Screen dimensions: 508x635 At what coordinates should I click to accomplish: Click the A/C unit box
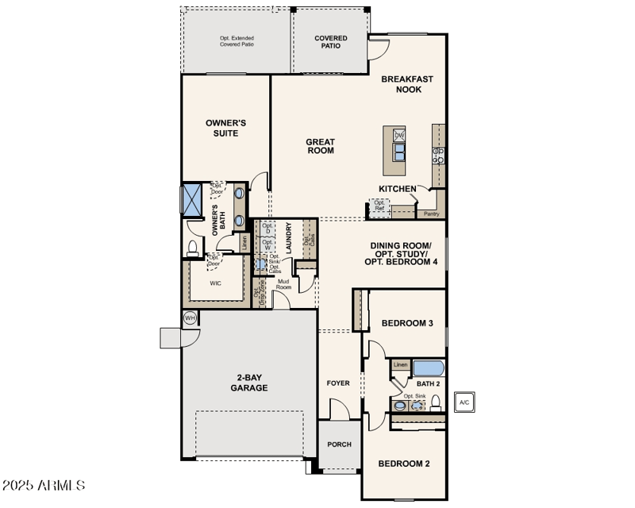(464, 402)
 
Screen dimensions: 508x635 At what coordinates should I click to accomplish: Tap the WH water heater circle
(190, 317)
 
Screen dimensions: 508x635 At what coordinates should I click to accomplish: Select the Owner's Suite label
(221, 128)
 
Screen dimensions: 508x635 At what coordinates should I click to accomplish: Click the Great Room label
(320, 146)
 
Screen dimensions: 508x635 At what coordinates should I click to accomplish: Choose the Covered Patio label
(330, 42)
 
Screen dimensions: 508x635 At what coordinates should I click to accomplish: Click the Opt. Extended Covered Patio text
(237, 41)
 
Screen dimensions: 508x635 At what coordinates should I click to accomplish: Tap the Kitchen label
(397, 188)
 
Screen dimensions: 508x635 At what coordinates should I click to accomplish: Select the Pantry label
(431, 214)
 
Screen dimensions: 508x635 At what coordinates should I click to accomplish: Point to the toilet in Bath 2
(435, 403)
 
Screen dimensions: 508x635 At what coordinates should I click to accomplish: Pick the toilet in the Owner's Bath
(191, 249)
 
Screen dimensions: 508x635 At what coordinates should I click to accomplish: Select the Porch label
(339, 444)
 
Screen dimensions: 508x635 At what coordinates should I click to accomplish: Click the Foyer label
(338, 383)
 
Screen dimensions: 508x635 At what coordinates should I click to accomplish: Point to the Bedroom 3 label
(406, 323)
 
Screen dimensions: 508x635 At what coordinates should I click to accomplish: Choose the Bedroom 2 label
(403, 464)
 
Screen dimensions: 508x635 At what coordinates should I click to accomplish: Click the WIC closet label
(215, 283)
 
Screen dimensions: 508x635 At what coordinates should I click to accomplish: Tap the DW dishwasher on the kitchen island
(400, 136)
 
